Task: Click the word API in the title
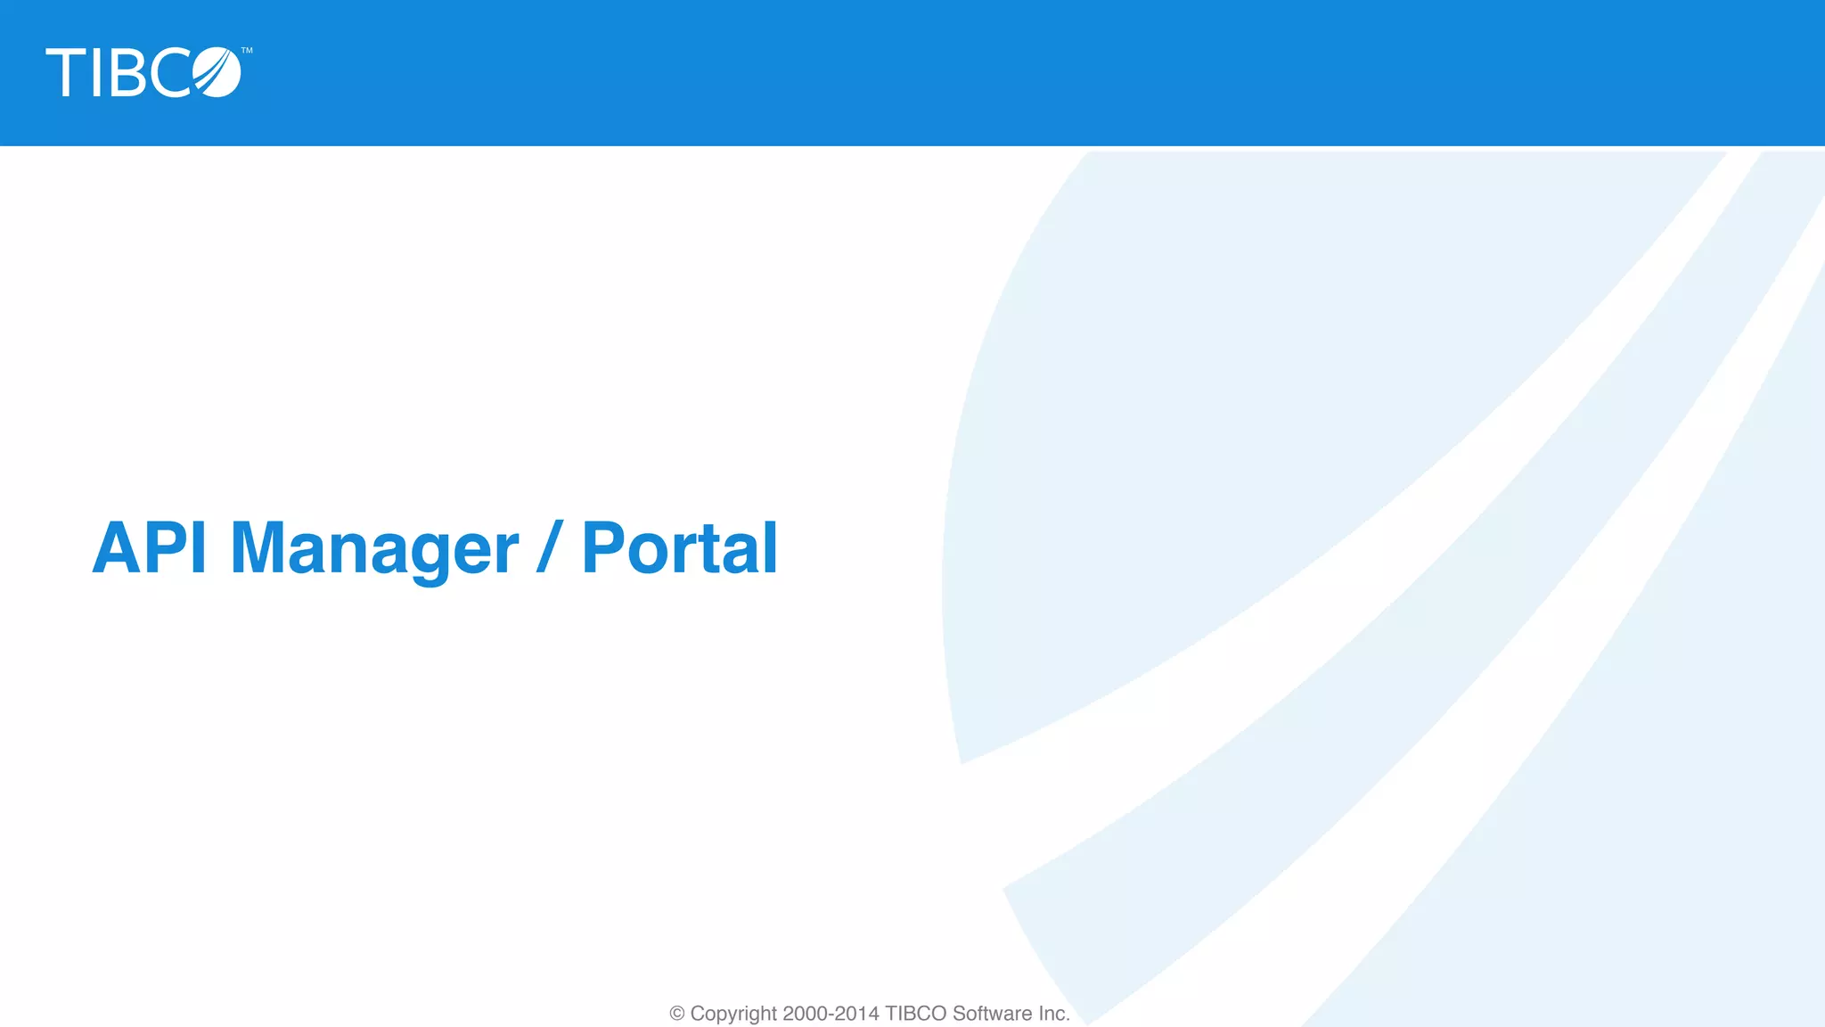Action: coord(150,547)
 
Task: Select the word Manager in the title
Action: coord(373,547)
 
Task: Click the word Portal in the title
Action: coord(679,547)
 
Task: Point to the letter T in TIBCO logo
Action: coord(65,73)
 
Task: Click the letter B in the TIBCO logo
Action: coord(127,73)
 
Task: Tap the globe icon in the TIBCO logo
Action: coord(217,72)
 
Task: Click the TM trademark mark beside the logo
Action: coord(247,51)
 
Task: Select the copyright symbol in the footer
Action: coord(677,1014)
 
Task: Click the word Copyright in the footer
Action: coord(733,1014)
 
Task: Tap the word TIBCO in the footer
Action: coord(915,1014)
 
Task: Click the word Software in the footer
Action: coord(992,1014)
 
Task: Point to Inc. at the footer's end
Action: coord(1053,1014)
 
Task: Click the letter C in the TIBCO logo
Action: coord(169,73)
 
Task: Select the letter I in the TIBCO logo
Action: coord(96,73)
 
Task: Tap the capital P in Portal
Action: coord(603,547)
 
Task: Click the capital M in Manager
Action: coord(258,547)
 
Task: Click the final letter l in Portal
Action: coord(771,547)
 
